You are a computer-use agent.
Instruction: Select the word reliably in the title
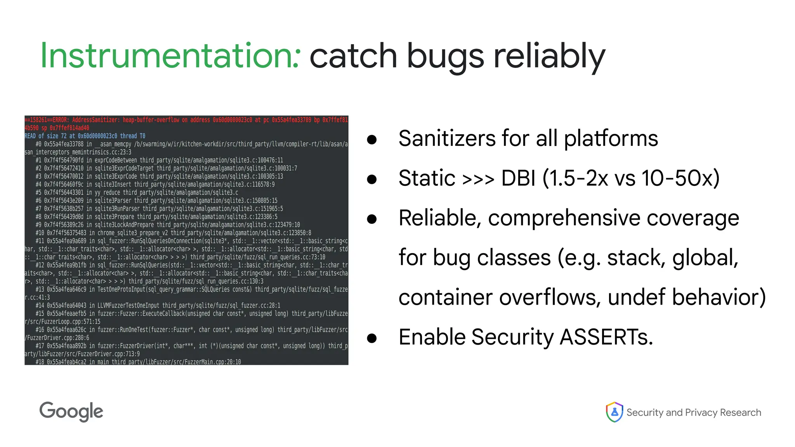[549, 56]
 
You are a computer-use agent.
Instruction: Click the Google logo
[71, 412]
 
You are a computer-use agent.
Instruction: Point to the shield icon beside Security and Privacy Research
[614, 412]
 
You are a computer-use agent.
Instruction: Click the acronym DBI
[518, 178]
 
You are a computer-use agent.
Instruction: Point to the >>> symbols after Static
[478, 179]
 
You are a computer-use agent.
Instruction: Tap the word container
[445, 297]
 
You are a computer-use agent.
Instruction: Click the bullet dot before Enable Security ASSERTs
[372, 338]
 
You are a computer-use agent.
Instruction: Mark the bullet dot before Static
[372, 179]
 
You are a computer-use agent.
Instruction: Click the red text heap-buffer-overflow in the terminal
[151, 120]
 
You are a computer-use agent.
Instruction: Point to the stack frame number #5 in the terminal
[38, 192]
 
